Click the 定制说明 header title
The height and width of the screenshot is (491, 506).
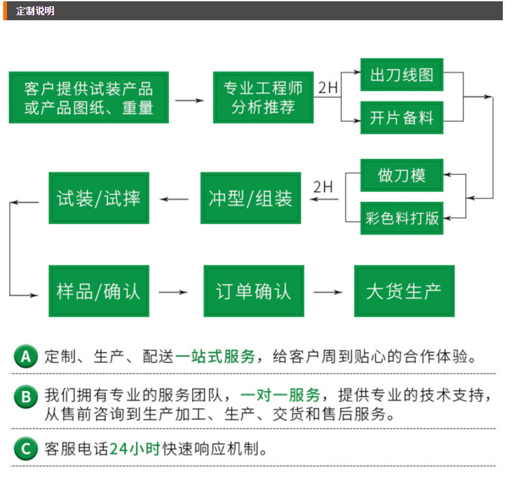[x=35, y=11]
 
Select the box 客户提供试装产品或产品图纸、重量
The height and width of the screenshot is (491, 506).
[x=89, y=97]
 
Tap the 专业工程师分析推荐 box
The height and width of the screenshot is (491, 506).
[x=263, y=97]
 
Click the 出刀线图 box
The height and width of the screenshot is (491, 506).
[x=402, y=75]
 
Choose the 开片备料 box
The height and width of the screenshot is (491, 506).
[x=402, y=118]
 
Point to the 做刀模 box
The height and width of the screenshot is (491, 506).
[x=402, y=175]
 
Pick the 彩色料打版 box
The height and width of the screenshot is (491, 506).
[x=402, y=218]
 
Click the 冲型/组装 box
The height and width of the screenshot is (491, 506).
[x=250, y=198]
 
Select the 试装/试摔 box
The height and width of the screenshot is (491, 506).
[x=99, y=198]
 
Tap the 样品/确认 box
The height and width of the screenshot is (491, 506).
[x=99, y=291]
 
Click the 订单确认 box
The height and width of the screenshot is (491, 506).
[x=254, y=291]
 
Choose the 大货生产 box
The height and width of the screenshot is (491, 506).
[x=404, y=291]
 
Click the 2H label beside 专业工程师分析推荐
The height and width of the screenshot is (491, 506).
[x=328, y=87]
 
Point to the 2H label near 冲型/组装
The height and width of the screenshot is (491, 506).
[x=323, y=187]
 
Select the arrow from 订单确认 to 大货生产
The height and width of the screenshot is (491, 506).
[x=328, y=292]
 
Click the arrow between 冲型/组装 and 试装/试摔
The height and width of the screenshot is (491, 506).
[x=175, y=199]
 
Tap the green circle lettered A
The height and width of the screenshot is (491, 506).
[x=26, y=356]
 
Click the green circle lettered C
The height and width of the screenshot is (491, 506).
[x=26, y=449]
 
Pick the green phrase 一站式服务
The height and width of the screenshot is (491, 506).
[x=215, y=357]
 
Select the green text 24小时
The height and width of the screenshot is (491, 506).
[x=135, y=449]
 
